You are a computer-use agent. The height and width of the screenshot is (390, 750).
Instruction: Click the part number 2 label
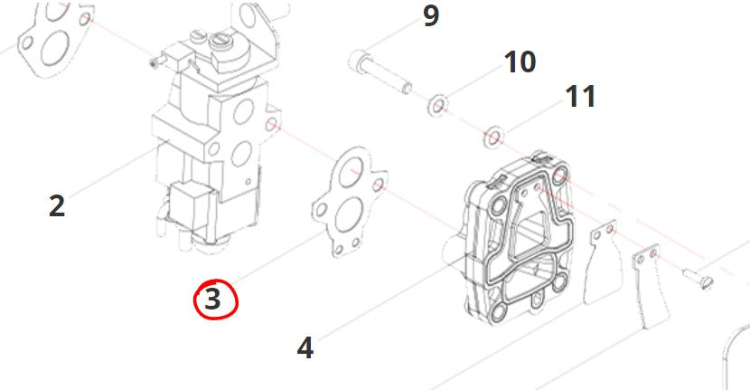click(57, 206)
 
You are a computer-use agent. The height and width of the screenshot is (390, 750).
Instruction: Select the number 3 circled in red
click(213, 299)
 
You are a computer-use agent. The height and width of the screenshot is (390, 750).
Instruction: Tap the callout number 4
click(305, 347)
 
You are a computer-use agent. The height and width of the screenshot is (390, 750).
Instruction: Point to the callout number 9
click(431, 15)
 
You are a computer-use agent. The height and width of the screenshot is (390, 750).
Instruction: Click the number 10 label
click(520, 62)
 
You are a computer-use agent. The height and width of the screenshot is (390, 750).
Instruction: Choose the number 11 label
click(581, 96)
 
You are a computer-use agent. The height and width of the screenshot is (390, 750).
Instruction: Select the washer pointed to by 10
click(436, 105)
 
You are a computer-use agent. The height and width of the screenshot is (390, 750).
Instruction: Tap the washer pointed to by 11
click(493, 138)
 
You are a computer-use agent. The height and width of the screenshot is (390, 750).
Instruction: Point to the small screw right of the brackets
click(698, 280)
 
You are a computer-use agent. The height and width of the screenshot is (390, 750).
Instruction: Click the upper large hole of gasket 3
click(351, 173)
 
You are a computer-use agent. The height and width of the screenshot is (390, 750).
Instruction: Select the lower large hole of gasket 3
click(348, 217)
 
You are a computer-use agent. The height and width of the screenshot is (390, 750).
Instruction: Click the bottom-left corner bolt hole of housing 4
click(498, 314)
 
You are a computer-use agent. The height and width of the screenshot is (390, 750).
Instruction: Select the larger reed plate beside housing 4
click(604, 262)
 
